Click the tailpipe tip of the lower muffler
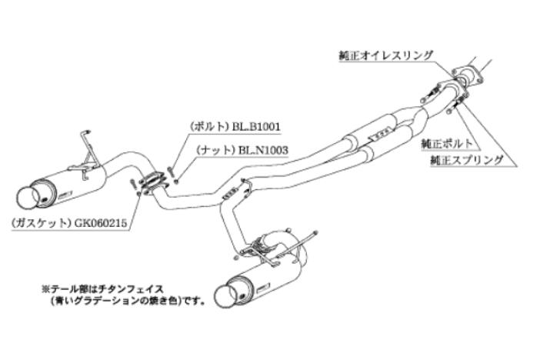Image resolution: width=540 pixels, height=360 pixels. click(228, 296)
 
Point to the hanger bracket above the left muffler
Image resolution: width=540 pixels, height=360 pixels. click(87, 150)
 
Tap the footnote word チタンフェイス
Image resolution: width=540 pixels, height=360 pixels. click(128, 290)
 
